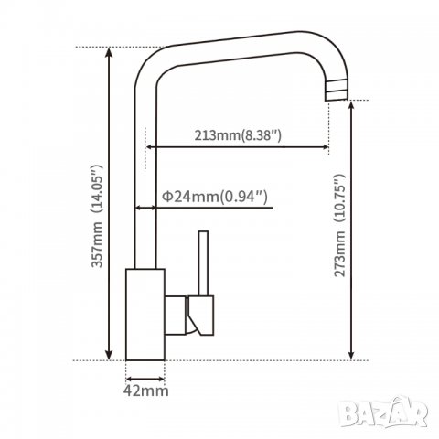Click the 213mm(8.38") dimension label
pos(238,135)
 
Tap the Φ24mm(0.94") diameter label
pos(215,197)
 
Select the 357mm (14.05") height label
pos(97,216)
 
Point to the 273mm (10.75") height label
pos(339,225)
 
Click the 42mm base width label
pos(145,391)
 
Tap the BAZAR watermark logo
pos(384,412)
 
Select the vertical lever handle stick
pos(203,263)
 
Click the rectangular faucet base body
pos(145,315)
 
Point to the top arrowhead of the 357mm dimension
pos(109,52)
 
